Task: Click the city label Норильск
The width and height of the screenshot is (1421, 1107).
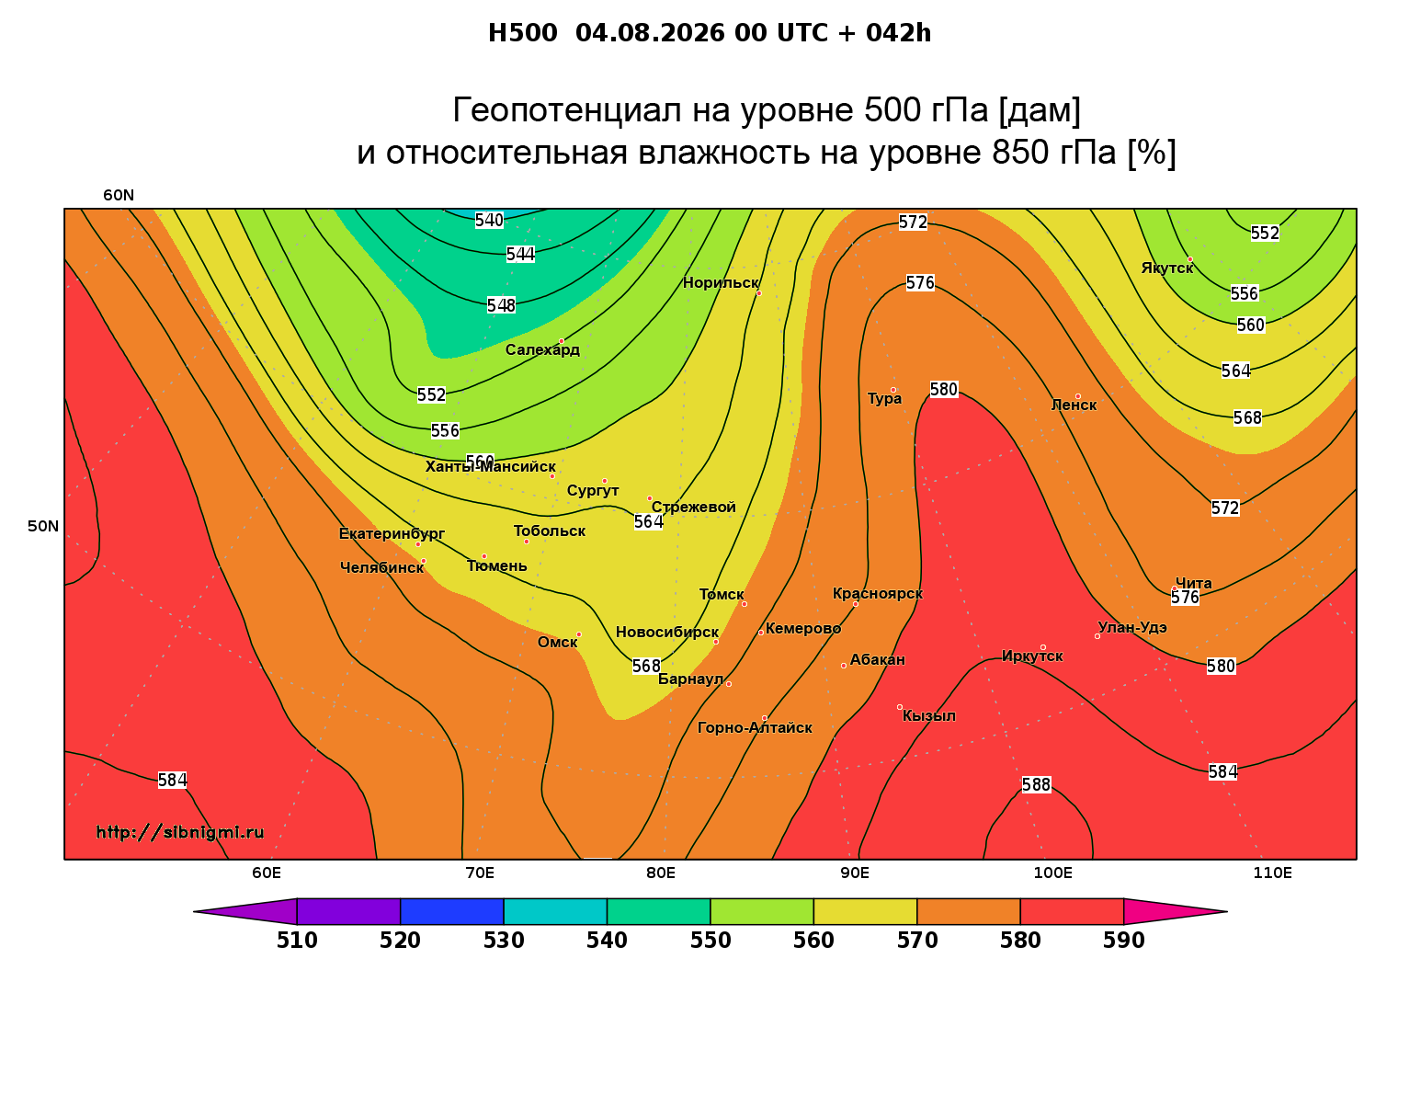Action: [x=721, y=282]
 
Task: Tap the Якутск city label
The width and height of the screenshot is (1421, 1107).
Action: [x=1167, y=268]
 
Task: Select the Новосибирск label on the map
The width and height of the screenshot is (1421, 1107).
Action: [x=667, y=633]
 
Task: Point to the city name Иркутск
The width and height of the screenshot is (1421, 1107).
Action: [x=1032, y=656]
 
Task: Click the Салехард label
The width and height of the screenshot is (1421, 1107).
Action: [x=542, y=349]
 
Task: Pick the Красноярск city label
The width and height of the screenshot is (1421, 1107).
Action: [x=878, y=594]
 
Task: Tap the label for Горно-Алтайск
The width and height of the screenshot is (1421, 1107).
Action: [x=755, y=728]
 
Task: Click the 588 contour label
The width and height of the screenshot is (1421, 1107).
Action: [x=1036, y=784]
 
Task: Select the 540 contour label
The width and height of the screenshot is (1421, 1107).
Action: [x=489, y=221]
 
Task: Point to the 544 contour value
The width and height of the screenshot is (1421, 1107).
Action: [x=520, y=255]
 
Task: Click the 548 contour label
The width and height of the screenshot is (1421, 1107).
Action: [x=501, y=305]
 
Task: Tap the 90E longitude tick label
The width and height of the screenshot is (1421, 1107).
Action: [x=855, y=873]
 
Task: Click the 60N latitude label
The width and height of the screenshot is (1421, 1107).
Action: [x=119, y=196]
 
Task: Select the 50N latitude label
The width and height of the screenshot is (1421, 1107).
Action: [x=43, y=526]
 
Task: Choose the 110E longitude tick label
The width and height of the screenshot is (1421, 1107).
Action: [x=1272, y=873]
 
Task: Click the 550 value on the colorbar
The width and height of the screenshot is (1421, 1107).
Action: [x=710, y=941]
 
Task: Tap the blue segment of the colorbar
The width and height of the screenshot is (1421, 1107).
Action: [x=452, y=911]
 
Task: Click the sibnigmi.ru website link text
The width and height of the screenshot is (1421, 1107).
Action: [x=180, y=832]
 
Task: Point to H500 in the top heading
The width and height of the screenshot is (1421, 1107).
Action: [x=522, y=33]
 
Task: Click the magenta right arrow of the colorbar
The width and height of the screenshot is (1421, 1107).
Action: [x=1175, y=911]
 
